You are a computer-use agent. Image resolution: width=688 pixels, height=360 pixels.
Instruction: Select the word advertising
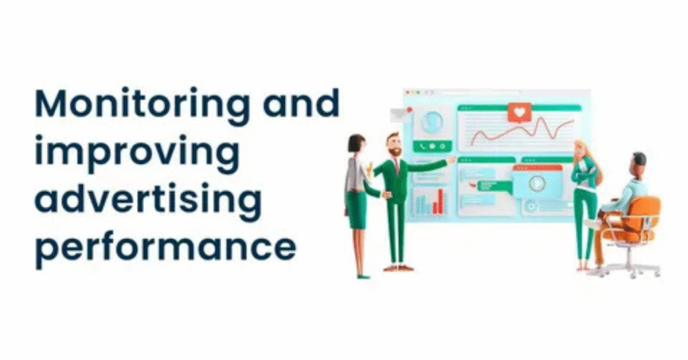pyautogui.click(x=147, y=199)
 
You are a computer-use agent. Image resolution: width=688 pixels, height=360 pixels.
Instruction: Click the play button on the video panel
pyautogui.click(x=536, y=183)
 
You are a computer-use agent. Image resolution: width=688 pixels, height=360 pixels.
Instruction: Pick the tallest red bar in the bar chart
pyautogui.click(x=441, y=201)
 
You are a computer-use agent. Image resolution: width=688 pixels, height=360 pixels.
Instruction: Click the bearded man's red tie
pyautogui.click(x=396, y=165)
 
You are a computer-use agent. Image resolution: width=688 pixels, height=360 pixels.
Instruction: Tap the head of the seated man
pyautogui.click(x=638, y=162)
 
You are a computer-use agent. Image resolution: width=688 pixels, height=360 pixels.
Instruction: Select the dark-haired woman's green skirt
pyautogui.click(x=356, y=210)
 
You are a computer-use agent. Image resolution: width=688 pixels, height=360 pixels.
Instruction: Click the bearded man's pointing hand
pyautogui.click(x=451, y=160)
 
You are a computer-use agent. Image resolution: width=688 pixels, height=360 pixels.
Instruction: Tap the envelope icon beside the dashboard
pyautogui.click(x=400, y=114)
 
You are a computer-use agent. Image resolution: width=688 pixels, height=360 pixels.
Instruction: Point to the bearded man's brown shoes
pyautogui.click(x=398, y=267)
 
